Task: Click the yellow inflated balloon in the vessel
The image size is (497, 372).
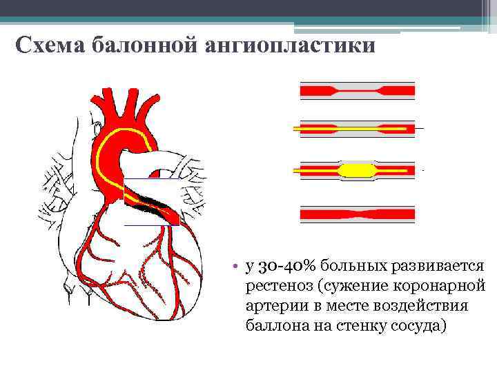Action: click(x=357, y=169)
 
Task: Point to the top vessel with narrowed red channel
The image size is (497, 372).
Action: click(x=357, y=90)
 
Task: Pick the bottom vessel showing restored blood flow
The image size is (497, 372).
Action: click(x=357, y=214)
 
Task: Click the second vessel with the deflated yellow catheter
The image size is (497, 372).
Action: click(x=357, y=128)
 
